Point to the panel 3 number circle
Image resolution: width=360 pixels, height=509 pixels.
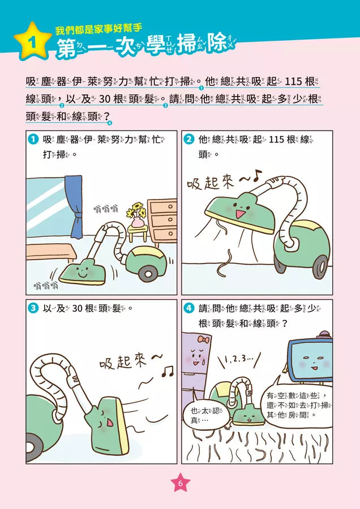[33, 309]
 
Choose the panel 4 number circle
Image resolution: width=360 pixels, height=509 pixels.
[190, 309]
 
